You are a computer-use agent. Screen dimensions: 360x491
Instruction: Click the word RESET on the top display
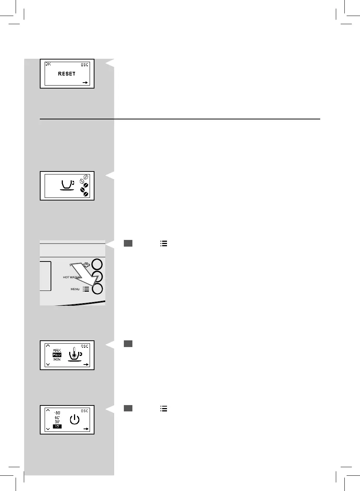pos(67,74)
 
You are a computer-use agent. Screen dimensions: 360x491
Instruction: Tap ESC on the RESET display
pos(85,65)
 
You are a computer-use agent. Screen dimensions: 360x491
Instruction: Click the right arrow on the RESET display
pos(86,83)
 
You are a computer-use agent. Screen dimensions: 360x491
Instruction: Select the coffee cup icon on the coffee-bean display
pos(67,185)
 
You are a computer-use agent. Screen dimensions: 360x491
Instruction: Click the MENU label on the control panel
pos(75,289)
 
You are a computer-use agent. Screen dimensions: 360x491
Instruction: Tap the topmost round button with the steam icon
pos(97,264)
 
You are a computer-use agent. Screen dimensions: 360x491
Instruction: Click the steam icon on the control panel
pos(87,264)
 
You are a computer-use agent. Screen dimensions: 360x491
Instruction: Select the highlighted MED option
pos(57,355)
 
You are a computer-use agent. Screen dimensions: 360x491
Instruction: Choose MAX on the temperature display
pos(57,350)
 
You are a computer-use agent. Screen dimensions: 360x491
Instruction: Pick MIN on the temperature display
pos(57,359)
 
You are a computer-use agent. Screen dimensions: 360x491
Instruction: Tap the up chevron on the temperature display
pos(48,346)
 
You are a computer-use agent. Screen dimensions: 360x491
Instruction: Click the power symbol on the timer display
pos(75,420)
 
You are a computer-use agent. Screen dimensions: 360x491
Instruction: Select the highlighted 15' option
pos(57,426)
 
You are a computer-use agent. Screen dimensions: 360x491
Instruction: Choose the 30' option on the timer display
pos(57,422)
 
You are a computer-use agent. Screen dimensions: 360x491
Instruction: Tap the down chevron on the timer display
pos(48,429)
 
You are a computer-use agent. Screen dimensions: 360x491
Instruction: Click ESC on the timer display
pos(85,411)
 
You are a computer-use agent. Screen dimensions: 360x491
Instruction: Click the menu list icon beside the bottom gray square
pos(164,408)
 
